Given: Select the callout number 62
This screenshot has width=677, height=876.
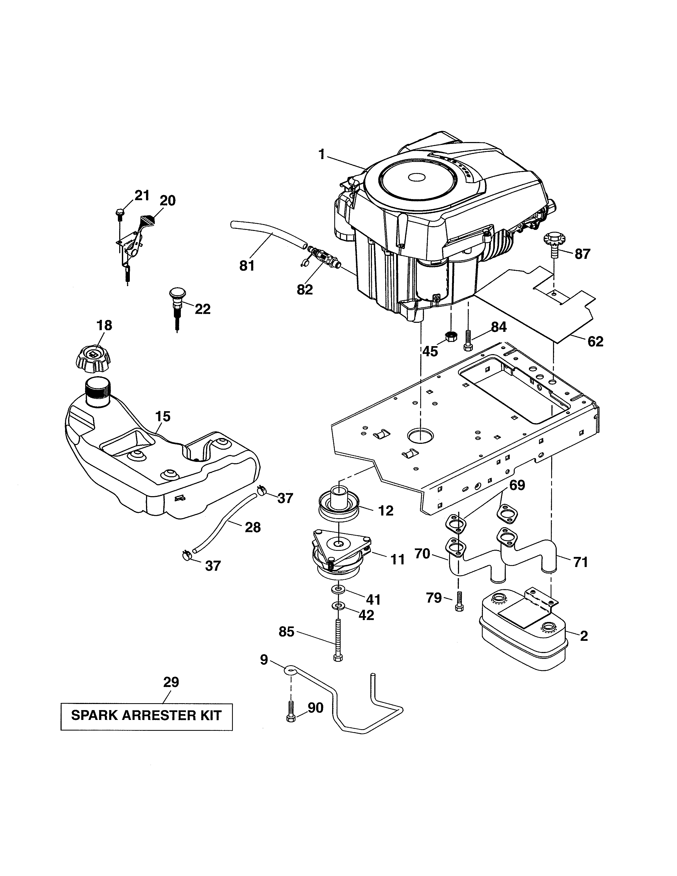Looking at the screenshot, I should tap(595, 341).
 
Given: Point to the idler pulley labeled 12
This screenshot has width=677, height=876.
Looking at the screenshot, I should tap(339, 506).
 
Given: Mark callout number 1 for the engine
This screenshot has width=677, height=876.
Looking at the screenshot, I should tap(321, 155).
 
